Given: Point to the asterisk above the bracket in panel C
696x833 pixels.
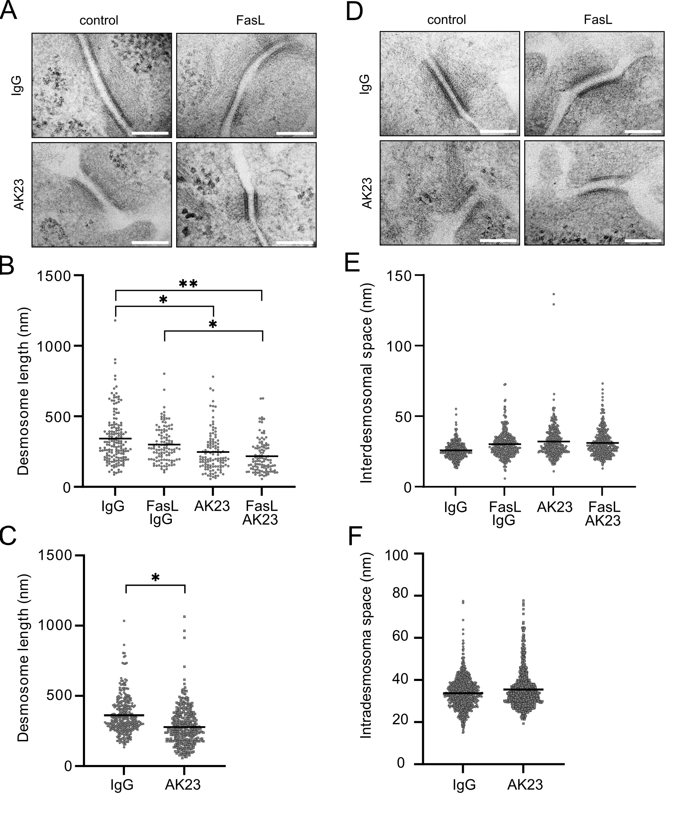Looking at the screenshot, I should click(156, 578).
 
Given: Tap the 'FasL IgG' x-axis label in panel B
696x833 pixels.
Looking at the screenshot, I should click(162, 512).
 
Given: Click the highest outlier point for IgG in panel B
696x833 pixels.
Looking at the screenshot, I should click(115, 320).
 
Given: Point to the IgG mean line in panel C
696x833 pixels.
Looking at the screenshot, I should click(124, 715).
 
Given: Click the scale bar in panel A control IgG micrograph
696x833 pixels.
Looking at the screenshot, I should click(150, 133).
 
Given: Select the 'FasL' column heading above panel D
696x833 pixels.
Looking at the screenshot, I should click(598, 19).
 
